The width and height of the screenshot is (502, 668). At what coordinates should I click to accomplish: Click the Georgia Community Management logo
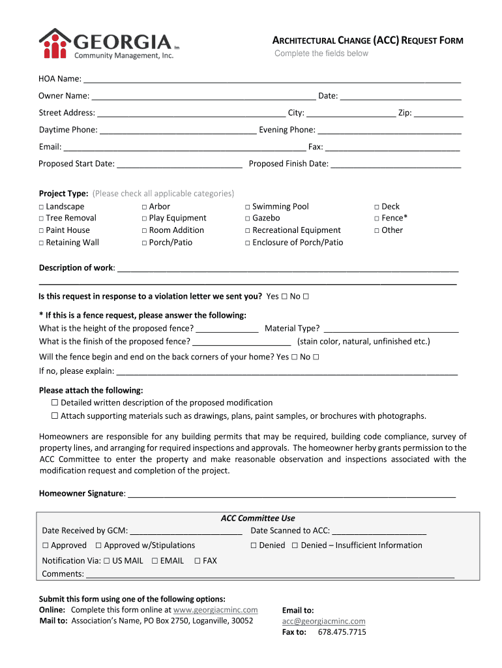[x=108, y=44]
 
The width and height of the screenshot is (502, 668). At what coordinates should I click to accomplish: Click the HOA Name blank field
[x=272, y=79]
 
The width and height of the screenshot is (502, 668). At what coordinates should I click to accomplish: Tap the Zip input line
[x=438, y=113]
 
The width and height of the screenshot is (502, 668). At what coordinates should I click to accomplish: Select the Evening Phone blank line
[x=389, y=130]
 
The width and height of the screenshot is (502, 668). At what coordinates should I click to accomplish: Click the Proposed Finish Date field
[x=396, y=164]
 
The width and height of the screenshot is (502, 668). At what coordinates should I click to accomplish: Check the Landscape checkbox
[x=41, y=207]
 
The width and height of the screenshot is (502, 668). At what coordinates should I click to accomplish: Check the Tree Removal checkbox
[x=41, y=219]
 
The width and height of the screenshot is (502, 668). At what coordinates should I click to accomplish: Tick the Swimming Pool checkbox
[x=248, y=207]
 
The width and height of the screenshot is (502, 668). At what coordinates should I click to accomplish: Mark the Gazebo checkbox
[x=248, y=219]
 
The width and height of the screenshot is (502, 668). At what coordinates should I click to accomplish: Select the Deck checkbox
[x=377, y=207]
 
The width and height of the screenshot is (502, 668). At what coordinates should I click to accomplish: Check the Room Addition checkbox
[x=144, y=230]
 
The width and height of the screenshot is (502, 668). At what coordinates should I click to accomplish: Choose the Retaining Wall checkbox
[x=41, y=243]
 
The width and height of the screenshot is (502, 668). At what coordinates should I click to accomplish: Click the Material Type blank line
[x=391, y=329]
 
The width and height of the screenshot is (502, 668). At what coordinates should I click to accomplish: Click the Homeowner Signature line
[x=291, y=494]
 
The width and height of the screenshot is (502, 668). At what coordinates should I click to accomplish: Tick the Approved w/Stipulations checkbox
[x=98, y=545]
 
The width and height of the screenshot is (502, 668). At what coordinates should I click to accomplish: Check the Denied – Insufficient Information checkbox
[x=295, y=545]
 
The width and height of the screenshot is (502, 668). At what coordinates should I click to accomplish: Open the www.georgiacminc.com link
[x=216, y=610]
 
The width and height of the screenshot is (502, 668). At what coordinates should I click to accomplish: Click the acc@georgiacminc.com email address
[x=323, y=622]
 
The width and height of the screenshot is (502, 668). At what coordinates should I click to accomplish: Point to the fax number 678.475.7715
[x=342, y=632]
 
